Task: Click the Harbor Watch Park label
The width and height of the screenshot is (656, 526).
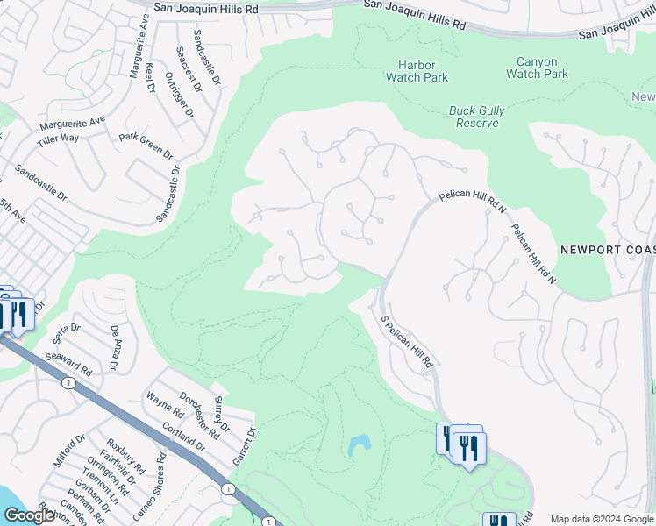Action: pos(417,71)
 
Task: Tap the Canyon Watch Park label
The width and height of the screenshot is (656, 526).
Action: pos(537,68)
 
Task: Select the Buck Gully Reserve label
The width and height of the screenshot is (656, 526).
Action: pos(474,117)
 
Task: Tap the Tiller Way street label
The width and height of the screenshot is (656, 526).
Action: pos(58,138)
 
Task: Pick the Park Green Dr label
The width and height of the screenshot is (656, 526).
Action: pos(146,146)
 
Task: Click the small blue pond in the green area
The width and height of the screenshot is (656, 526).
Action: pos(359,446)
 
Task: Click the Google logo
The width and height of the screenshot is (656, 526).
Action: pos(28,515)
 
